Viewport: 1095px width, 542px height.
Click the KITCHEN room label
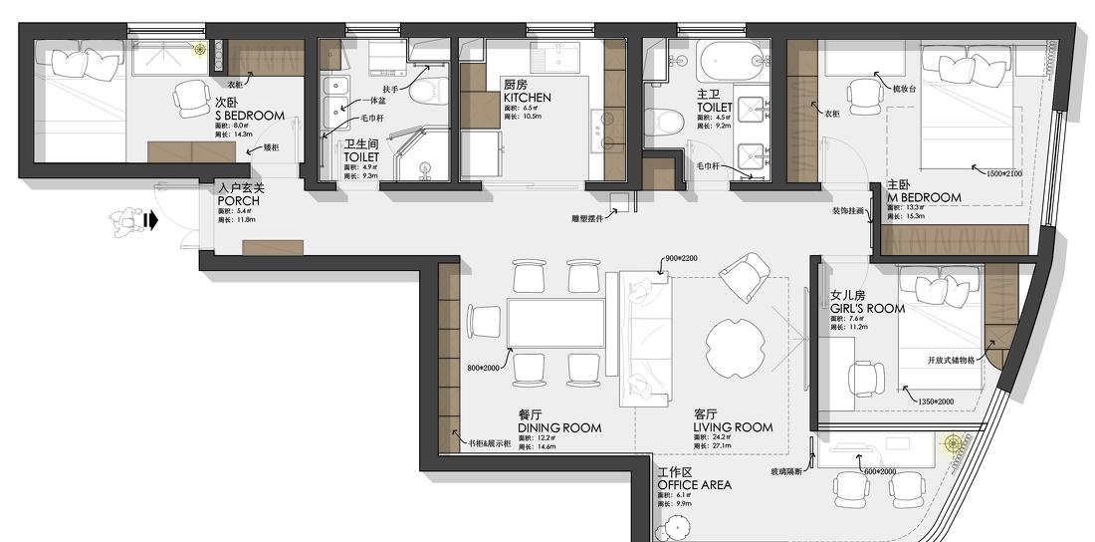[x=527, y=98]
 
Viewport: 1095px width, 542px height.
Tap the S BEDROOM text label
[x=249, y=116]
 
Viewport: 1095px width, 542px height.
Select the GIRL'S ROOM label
[x=867, y=309]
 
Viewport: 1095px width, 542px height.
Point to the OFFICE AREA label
[x=694, y=485]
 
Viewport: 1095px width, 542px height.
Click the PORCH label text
[x=238, y=201]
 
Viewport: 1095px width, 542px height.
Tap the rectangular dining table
[x=555, y=323]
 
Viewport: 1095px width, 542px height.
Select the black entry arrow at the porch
[x=150, y=220]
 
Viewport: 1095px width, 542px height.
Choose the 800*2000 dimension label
[x=486, y=369]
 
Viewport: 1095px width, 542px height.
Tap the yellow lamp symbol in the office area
[x=953, y=443]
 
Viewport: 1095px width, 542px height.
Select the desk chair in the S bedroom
[x=190, y=97]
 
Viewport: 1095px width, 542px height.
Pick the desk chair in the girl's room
[x=864, y=380]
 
